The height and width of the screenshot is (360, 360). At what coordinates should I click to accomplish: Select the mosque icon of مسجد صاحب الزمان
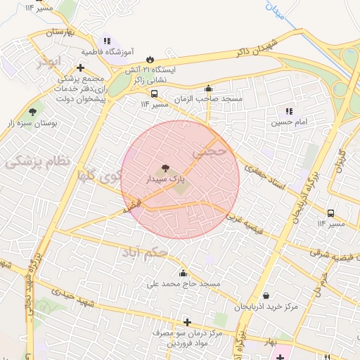pyautogui.click(x=208, y=89)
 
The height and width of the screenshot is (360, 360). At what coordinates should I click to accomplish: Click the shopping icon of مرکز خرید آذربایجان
pyautogui.click(x=266, y=296)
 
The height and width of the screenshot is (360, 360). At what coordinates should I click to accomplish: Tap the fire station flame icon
pyautogui.click(x=149, y=60)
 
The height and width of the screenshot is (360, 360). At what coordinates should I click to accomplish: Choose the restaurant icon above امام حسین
pyautogui.click(x=288, y=111)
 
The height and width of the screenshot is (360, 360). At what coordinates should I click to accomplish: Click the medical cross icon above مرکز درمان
pyautogui.click(x=187, y=322)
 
